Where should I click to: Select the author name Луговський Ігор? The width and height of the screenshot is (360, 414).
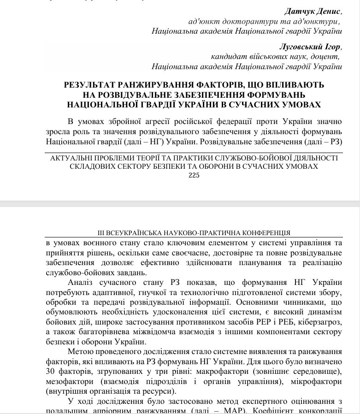click(311, 47)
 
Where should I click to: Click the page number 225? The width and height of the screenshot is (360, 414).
click(194, 175)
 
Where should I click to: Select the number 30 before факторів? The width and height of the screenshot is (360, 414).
click(51, 371)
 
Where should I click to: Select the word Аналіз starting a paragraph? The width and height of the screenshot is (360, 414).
click(81, 283)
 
